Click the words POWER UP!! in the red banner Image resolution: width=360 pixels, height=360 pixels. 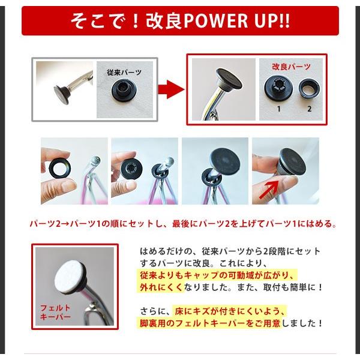(237, 20)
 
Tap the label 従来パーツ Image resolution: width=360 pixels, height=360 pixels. (124, 73)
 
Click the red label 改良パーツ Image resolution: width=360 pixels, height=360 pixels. (291, 67)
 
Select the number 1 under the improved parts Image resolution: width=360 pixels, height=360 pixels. (279, 109)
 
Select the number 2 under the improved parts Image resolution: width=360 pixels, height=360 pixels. (309, 109)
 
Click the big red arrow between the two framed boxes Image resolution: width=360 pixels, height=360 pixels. (171, 89)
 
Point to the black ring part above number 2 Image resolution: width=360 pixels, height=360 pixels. (309, 88)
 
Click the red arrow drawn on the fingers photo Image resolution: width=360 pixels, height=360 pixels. (268, 190)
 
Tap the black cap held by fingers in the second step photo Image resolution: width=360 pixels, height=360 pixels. (131, 169)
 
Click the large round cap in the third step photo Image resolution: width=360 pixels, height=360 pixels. (225, 162)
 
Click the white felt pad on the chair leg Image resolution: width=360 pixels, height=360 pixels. (70, 275)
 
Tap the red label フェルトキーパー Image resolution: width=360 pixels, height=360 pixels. (55, 312)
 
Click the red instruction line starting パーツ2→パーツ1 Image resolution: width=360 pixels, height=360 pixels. (183, 223)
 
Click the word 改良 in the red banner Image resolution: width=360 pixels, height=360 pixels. (164, 20)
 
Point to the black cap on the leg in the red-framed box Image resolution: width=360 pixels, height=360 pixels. (229, 79)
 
